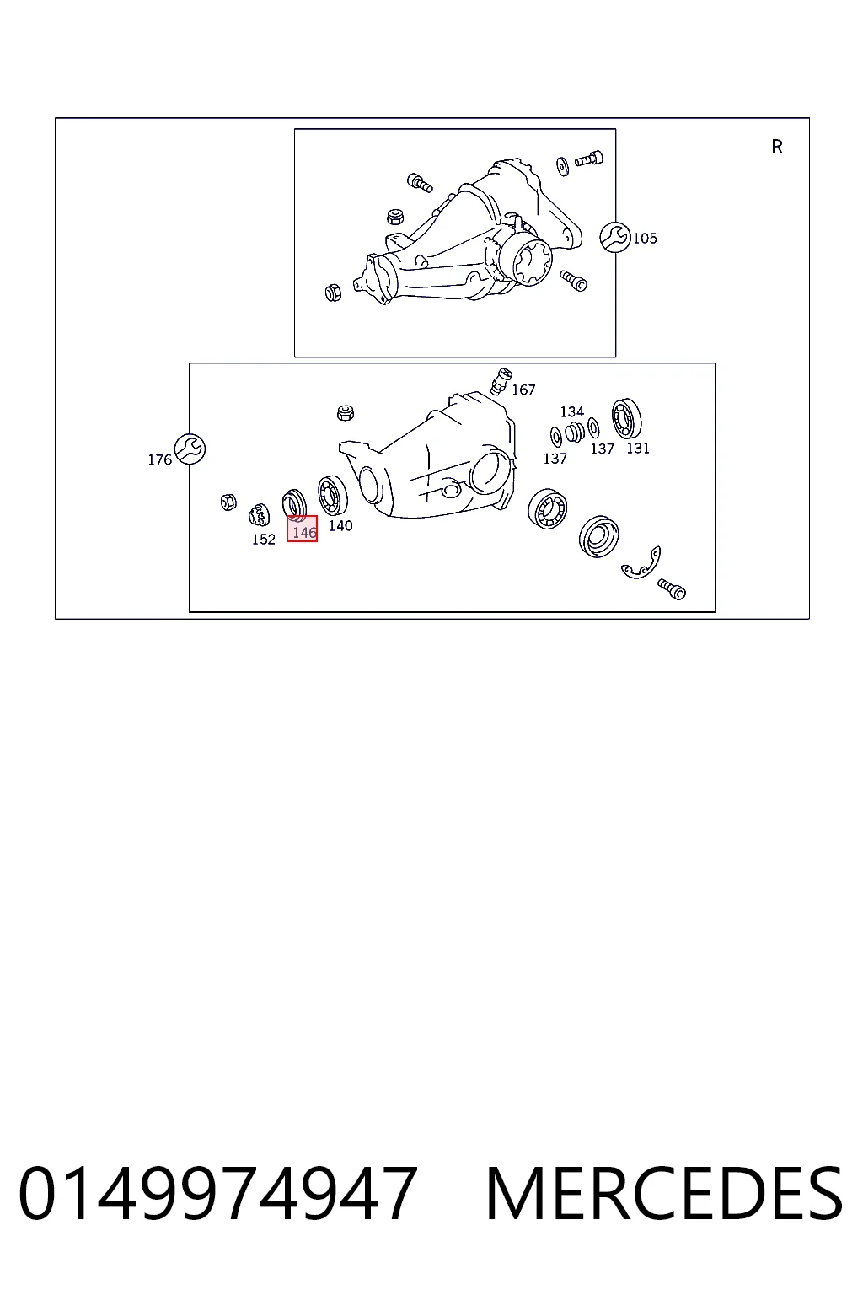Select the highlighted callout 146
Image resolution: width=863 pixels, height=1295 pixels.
(302, 529)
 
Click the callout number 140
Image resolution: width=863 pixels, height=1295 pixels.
(340, 525)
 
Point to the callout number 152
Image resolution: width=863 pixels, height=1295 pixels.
(264, 540)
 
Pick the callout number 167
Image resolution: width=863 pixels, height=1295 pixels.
(523, 390)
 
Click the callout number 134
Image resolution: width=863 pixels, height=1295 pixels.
(572, 411)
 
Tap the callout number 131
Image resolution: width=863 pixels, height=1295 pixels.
(638, 448)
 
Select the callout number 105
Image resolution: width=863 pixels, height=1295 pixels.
(645, 239)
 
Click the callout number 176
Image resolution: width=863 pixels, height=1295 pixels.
(160, 459)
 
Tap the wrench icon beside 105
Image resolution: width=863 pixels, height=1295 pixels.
(615, 237)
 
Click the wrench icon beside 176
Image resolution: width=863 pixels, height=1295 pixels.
(190, 449)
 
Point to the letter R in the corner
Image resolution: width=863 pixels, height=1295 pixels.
(777, 147)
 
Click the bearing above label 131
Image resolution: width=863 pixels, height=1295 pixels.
(626, 418)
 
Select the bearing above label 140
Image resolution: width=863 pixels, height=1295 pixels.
(333, 496)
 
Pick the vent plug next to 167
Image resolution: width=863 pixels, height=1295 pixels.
(501, 380)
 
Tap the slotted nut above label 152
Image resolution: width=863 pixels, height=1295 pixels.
(259, 515)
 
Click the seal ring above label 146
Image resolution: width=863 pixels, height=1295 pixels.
(294, 503)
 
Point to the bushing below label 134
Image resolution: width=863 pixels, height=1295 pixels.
(575, 433)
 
